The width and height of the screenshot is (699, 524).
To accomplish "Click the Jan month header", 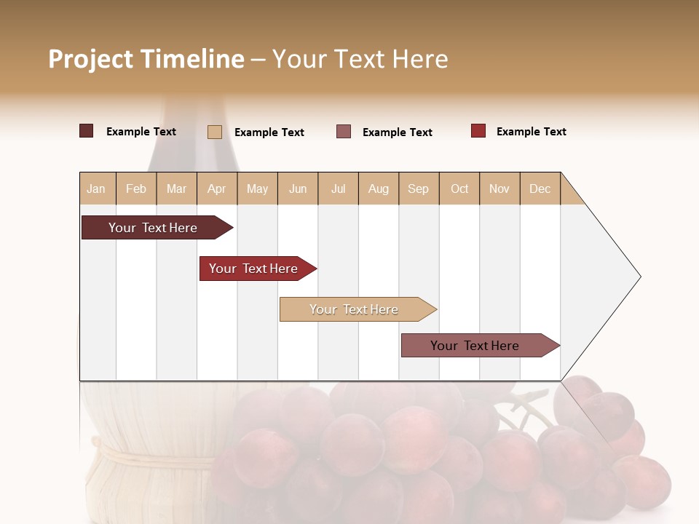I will pos(97,188).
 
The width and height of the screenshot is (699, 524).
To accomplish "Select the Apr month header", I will pos(217,188).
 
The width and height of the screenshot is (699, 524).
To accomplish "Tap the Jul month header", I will pos(339,188).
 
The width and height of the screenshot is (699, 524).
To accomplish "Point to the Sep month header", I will pos(419,188).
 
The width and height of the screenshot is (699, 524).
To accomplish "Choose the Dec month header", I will pos(540,188).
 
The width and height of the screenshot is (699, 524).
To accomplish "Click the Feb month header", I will pos(136,188).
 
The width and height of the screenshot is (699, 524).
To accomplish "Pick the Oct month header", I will pos(459,188).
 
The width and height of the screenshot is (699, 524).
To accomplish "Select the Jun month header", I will pos(298,188).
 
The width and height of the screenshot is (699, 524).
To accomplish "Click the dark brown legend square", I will pos(86,131).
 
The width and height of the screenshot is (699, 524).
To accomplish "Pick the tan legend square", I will pos(215,132).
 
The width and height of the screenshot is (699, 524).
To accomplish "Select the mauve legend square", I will pos(344,132).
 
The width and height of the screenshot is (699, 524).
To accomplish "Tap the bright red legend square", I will pos(478,131).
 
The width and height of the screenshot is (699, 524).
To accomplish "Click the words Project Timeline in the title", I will pos(146,59).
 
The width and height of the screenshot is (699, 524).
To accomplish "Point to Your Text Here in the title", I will pos(360,59).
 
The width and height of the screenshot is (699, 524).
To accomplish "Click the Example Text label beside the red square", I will pos(531,132).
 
